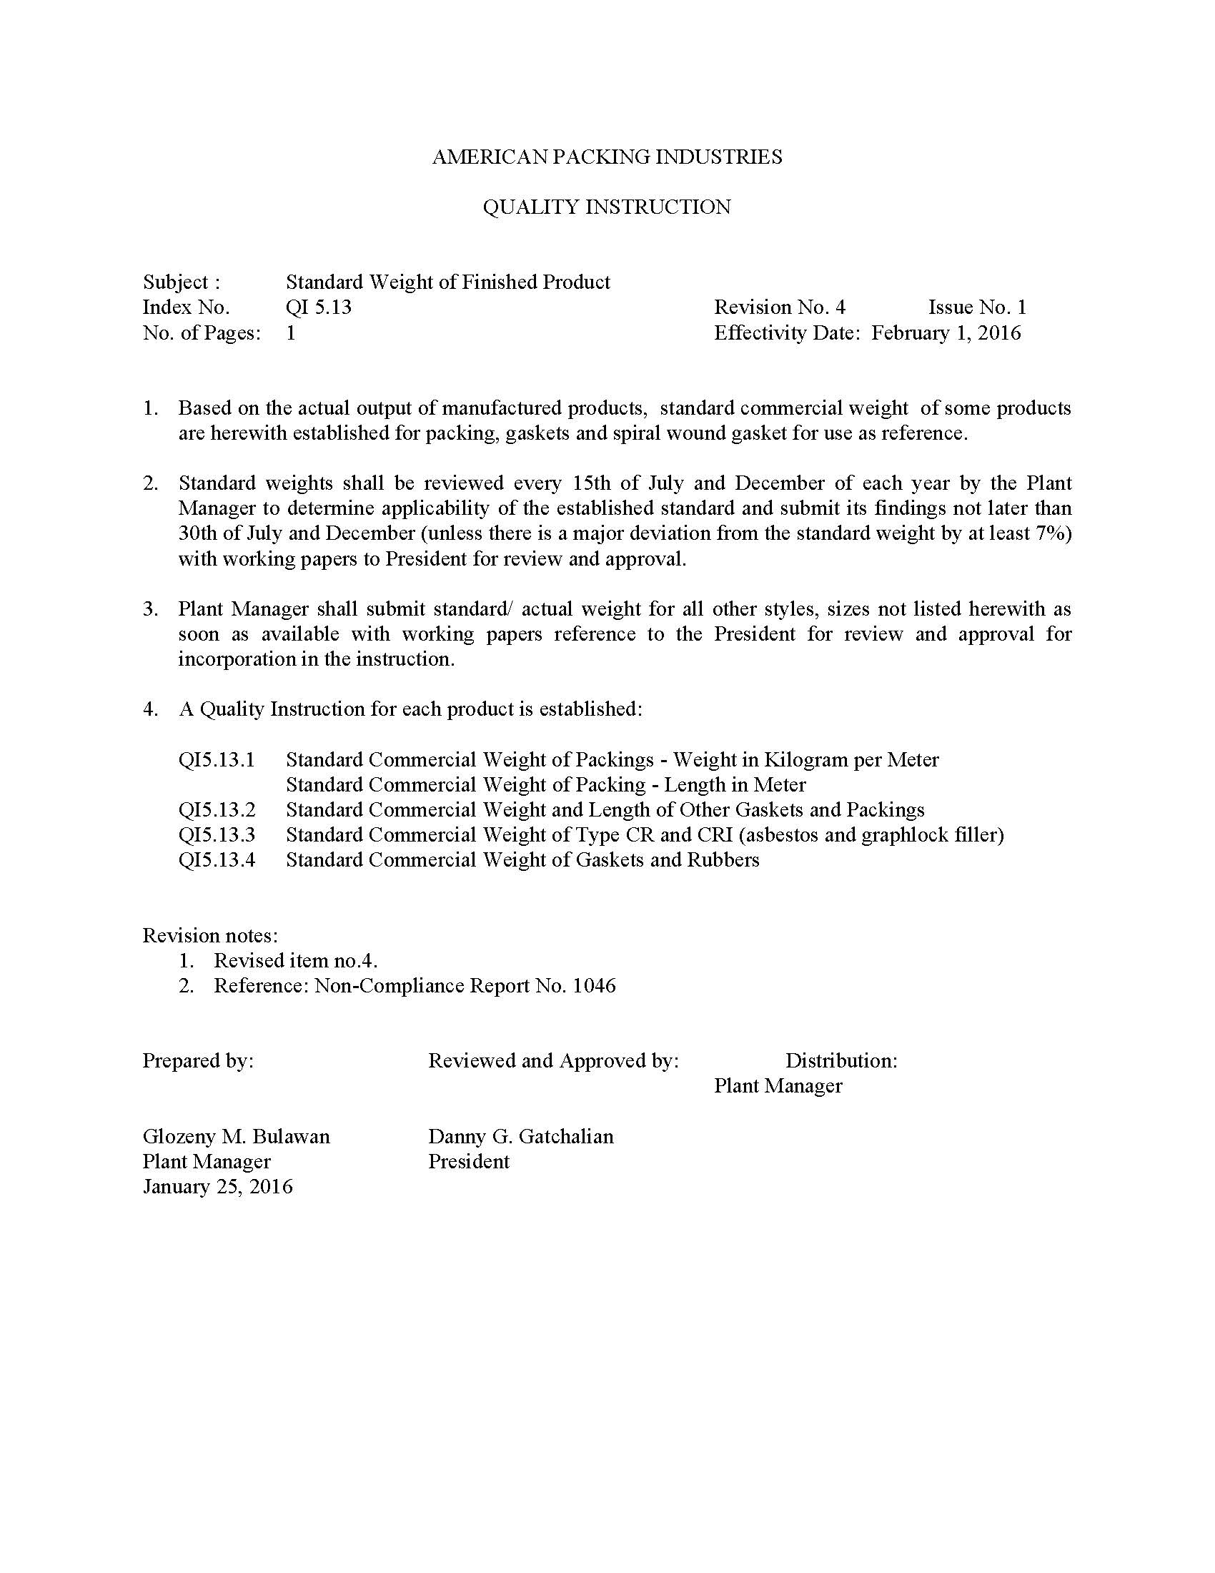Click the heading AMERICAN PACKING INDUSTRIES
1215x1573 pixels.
[607, 157]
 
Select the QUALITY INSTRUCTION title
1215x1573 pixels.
[607, 207]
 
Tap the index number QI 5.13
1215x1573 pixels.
[318, 307]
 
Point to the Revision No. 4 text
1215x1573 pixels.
[780, 307]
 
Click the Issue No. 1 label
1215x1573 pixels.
[977, 307]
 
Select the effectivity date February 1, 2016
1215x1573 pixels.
[946, 332]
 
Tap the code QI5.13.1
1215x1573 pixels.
[217, 760]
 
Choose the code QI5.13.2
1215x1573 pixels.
[217, 810]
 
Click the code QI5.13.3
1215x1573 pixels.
[217, 835]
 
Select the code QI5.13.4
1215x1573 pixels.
[217, 861]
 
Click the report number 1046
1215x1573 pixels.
[594, 986]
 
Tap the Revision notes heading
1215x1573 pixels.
[210, 936]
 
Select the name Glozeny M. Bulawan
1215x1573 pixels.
[236, 1137]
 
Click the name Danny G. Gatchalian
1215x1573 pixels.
[520, 1137]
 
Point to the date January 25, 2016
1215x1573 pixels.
[217, 1187]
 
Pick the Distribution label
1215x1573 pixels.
[840, 1061]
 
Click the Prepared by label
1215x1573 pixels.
[198, 1061]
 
